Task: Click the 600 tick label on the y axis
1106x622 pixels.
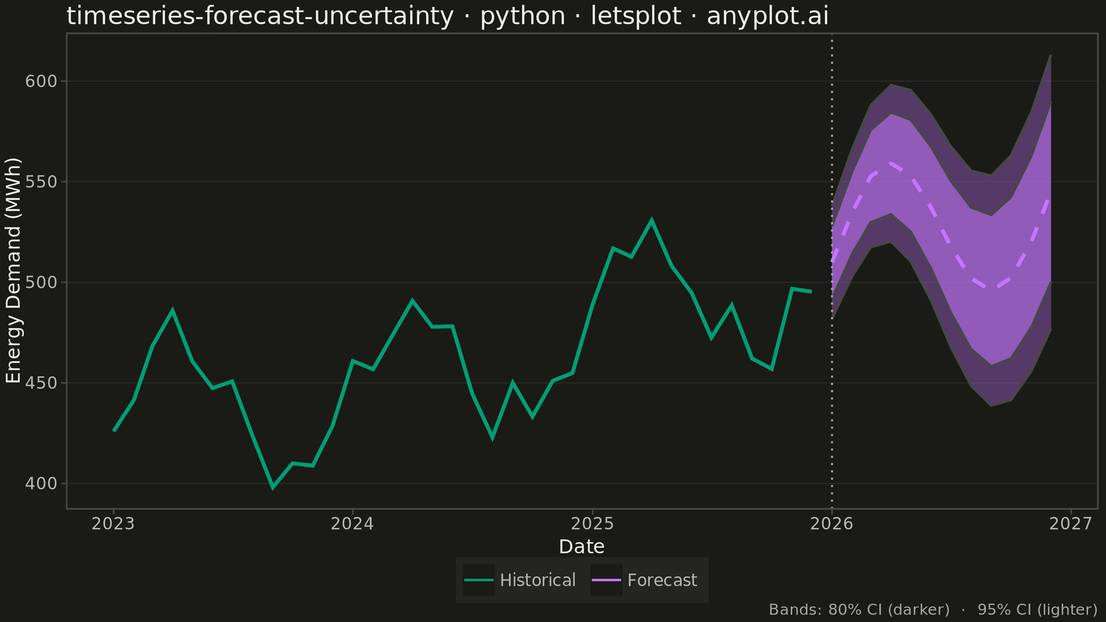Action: pyautogui.click(x=41, y=81)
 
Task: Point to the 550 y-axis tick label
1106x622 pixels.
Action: pyautogui.click(x=41, y=181)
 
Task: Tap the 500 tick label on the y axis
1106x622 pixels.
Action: pyautogui.click(x=41, y=282)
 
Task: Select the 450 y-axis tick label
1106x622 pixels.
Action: pyautogui.click(x=41, y=383)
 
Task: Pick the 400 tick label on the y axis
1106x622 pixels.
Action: pyautogui.click(x=41, y=483)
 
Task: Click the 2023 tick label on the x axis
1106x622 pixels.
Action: pyautogui.click(x=113, y=524)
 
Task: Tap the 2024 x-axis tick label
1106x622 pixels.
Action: pyautogui.click(x=353, y=524)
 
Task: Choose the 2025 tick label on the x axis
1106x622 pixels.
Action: pyautogui.click(x=592, y=524)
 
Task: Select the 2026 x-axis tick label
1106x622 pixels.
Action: pyautogui.click(x=832, y=524)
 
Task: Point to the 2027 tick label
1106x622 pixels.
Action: pyautogui.click(x=1071, y=524)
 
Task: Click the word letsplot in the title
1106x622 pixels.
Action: pyautogui.click(x=636, y=16)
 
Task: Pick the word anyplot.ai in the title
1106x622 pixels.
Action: pyautogui.click(x=768, y=16)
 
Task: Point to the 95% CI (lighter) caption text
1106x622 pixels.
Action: pyautogui.click(x=1037, y=610)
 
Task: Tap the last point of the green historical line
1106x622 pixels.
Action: pyautogui.click(x=812, y=291)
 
